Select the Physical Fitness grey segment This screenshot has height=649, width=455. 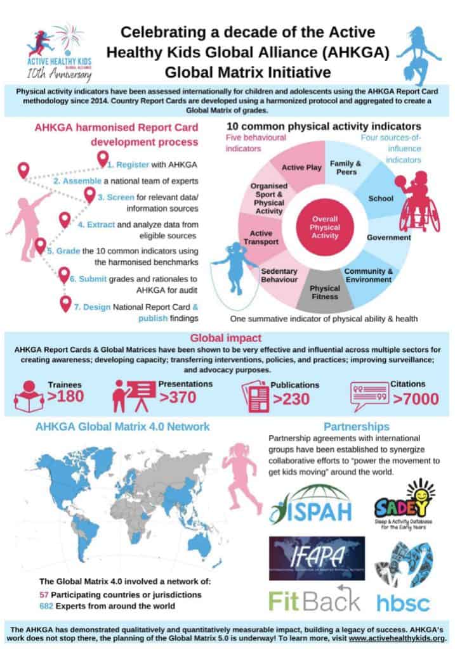(x=324, y=292)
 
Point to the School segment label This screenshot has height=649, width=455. (x=381, y=198)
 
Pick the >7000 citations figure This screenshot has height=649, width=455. (x=416, y=399)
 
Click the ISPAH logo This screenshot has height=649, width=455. (x=309, y=504)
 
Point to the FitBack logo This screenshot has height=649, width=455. (x=315, y=600)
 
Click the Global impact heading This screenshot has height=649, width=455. (x=227, y=337)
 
